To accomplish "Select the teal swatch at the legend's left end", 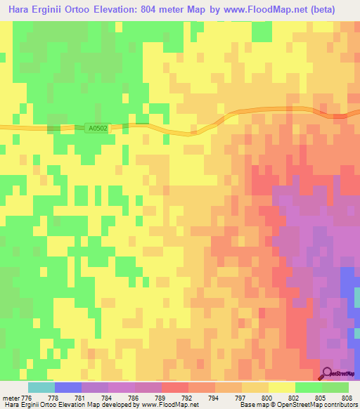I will coord(41,387).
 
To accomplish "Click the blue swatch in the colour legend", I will coord(68,387).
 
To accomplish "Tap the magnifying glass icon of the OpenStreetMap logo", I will coord(328,373).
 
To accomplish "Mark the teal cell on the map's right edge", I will coord(356,298).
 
